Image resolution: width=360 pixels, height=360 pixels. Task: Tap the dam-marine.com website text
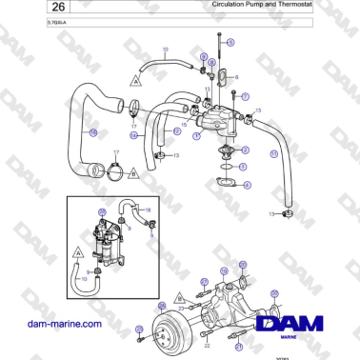tap(65, 324)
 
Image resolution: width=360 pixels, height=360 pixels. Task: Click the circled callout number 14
tap(133, 136)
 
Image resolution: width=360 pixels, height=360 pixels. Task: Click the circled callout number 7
tap(245, 97)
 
